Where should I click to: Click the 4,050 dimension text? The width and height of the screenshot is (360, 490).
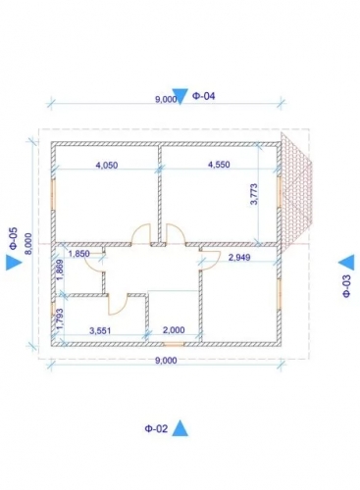107,165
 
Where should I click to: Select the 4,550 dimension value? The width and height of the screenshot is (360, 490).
219,165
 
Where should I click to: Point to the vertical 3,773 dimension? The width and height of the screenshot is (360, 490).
254,194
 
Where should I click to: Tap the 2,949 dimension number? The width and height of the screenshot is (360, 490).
239,258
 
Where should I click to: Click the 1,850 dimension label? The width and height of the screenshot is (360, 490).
78,254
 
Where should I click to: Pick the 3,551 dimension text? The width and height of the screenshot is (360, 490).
100,330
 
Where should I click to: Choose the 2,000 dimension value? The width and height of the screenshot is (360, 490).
174,330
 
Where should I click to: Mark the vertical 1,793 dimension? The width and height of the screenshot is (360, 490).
59,319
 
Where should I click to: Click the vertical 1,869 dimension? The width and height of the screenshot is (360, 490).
60,270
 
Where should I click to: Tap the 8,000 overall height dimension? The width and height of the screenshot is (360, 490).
29,244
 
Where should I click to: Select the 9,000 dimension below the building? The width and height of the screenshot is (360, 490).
166,361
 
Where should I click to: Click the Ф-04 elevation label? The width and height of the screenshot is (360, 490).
204,96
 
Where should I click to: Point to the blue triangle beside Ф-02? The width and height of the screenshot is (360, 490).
180,428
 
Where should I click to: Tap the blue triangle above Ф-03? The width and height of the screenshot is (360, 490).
347,263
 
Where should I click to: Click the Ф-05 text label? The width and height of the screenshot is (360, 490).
14,238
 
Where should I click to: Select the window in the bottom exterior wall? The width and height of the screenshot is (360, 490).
174,344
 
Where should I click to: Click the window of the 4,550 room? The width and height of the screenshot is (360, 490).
279,192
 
